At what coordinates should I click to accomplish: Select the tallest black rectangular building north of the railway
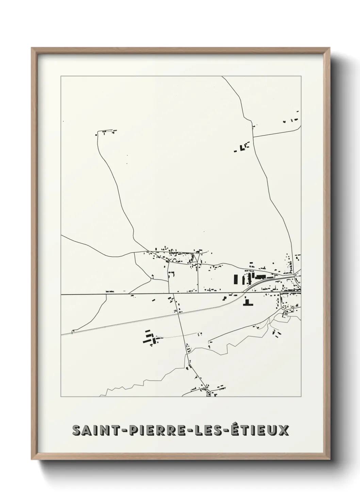pyautogui.click(x=235, y=280)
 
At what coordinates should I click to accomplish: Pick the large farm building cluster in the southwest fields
pyautogui.click(x=150, y=337)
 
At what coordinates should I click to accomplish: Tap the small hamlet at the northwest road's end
pyautogui.click(x=106, y=132)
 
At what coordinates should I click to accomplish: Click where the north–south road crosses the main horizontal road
pyautogui.click(x=174, y=294)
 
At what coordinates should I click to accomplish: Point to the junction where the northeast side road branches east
pyautogui.click(x=253, y=137)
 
